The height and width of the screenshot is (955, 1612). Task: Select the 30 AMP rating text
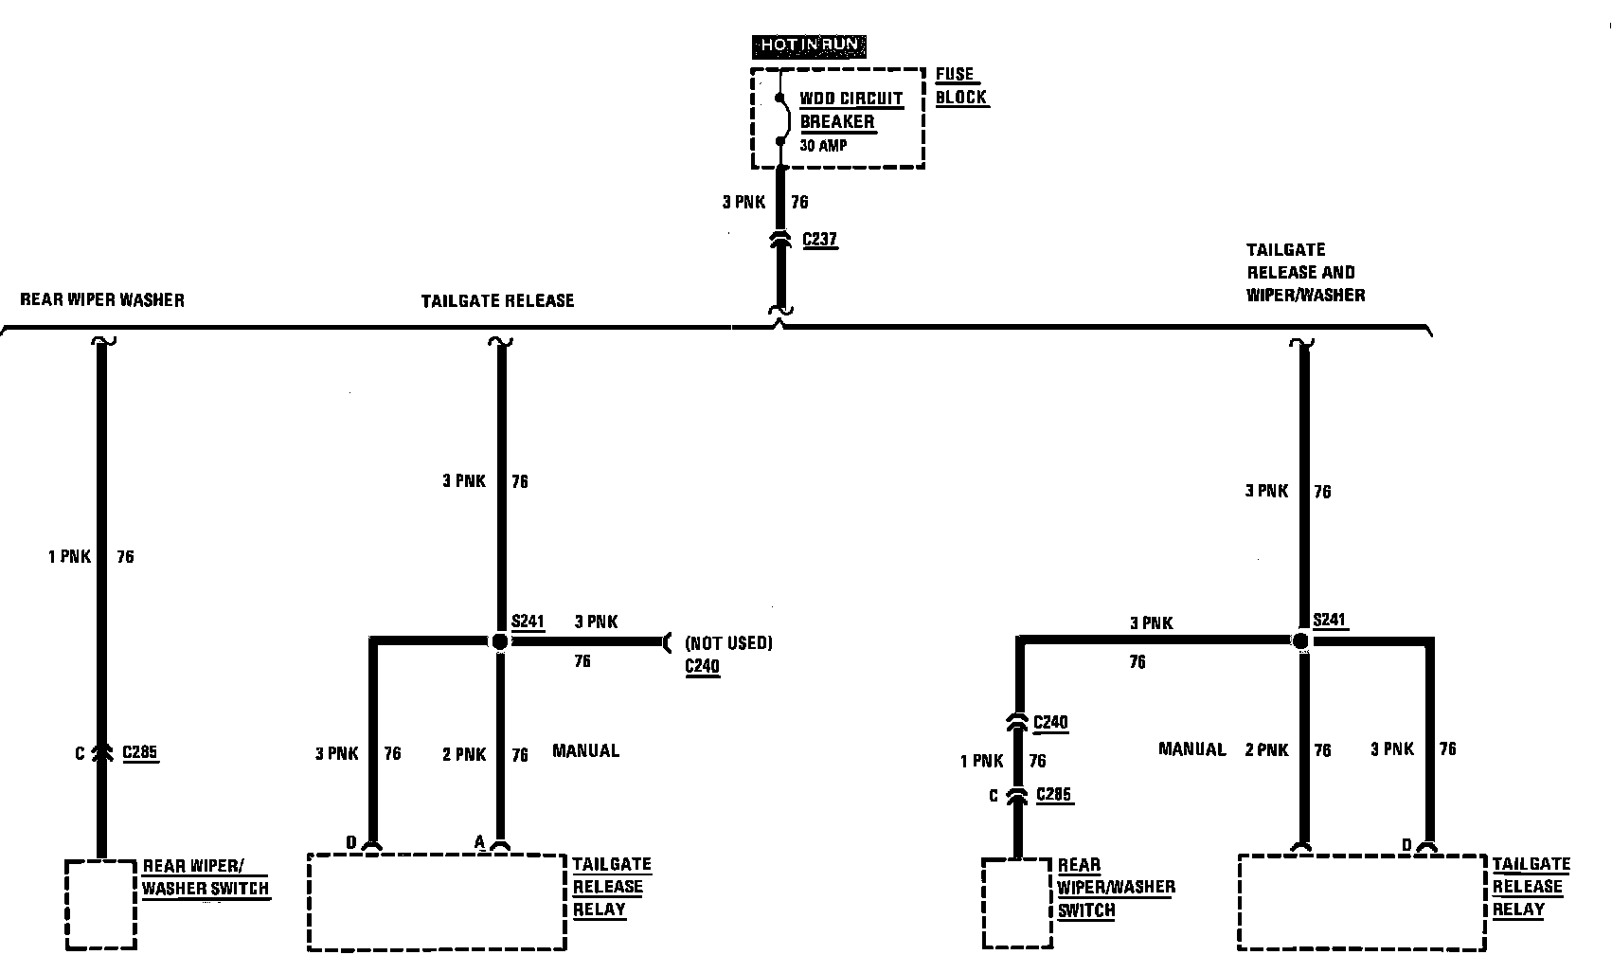click(823, 146)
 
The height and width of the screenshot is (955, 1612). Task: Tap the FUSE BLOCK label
click(961, 86)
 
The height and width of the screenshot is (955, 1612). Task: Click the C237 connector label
click(819, 239)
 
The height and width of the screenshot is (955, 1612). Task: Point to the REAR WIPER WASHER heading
click(102, 300)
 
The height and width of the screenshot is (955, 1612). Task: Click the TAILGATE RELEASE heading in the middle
click(497, 301)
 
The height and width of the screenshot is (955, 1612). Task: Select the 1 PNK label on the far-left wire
click(69, 557)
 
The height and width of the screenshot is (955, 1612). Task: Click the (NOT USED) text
click(728, 643)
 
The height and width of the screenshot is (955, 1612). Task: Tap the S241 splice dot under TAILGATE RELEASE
click(500, 641)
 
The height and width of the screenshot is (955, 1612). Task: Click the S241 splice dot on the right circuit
click(1301, 641)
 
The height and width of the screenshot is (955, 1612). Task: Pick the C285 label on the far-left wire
click(140, 754)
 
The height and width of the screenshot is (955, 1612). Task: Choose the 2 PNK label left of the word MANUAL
click(464, 755)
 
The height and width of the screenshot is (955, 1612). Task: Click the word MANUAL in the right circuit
click(1191, 749)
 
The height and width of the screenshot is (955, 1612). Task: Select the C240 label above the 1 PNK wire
click(1050, 723)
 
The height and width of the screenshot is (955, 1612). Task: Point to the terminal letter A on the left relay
click(479, 841)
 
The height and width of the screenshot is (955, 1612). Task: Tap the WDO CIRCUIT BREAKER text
click(851, 110)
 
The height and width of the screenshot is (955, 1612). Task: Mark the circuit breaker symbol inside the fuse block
click(781, 119)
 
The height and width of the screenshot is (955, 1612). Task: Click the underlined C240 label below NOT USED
click(702, 666)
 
